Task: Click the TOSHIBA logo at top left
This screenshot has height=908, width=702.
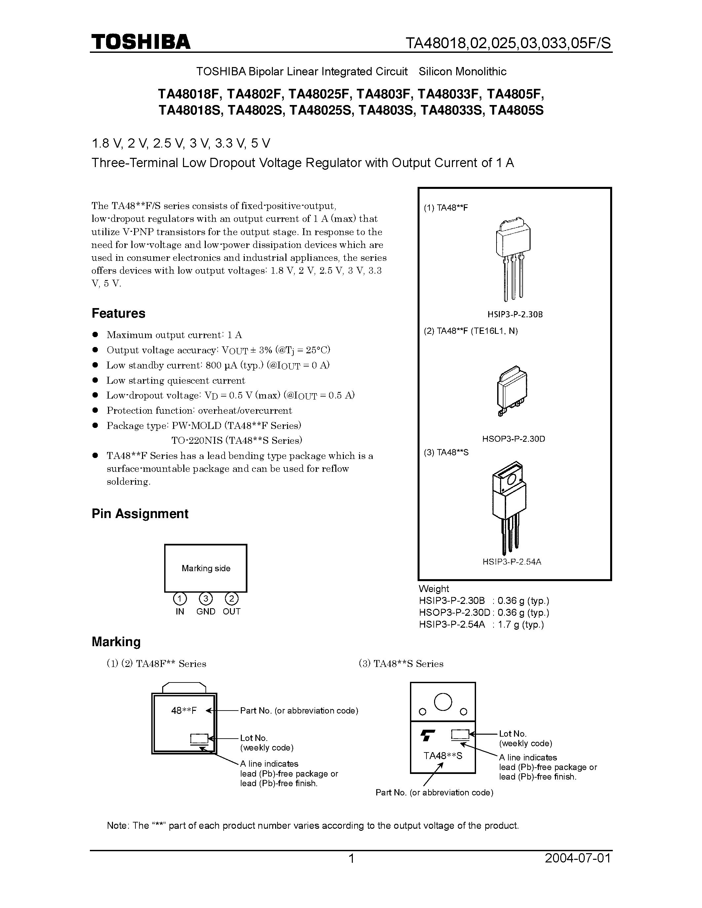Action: click(141, 42)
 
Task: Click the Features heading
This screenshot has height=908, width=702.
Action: click(119, 313)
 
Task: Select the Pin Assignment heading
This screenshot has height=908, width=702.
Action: click(140, 513)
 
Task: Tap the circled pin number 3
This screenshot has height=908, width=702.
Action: click(206, 599)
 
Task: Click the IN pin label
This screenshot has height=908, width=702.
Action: click(180, 611)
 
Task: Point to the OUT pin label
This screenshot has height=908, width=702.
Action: click(232, 611)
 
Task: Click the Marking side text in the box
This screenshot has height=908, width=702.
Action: click(206, 568)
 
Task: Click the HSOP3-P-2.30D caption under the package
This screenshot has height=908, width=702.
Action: click(514, 438)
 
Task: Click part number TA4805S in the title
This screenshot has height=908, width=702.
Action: click(516, 111)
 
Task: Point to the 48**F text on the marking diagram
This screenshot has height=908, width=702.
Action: click(183, 711)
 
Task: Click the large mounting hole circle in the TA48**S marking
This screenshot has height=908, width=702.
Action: click(443, 702)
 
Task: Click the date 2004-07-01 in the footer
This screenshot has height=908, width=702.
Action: click(578, 858)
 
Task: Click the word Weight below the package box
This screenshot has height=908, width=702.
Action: click(434, 589)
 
